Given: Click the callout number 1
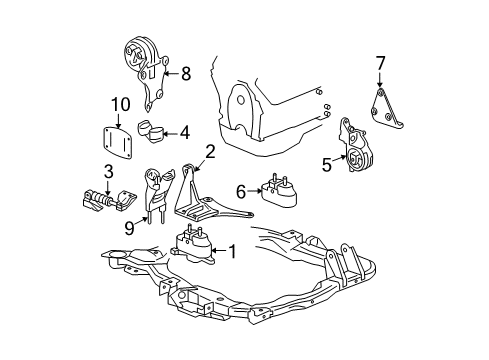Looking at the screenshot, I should (231, 252).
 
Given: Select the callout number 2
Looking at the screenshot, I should (210, 152).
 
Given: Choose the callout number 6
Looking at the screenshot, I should (241, 189).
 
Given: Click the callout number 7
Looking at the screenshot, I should (379, 65).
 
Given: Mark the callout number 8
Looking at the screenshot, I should (185, 73).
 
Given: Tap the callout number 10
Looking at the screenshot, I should (120, 104).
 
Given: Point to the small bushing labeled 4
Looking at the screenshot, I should (156, 130).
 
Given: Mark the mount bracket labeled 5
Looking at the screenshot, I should (353, 150).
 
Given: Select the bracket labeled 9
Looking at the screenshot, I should (152, 195).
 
